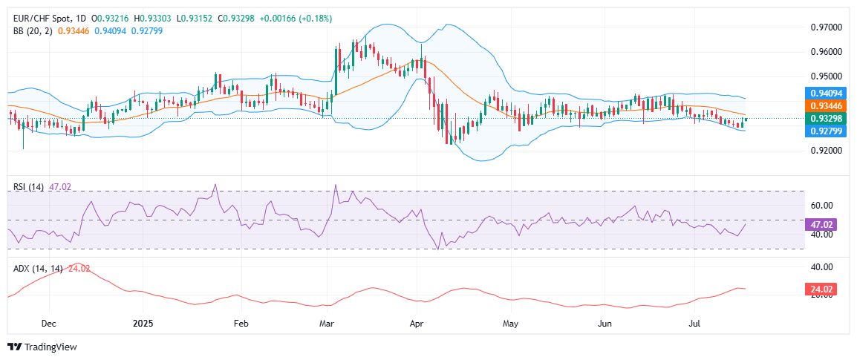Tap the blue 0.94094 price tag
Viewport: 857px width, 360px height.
pos(824,94)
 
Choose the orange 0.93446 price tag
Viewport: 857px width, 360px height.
pos(824,106)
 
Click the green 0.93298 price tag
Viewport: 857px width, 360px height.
pos(824,119)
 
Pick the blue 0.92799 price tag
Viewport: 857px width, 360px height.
pos(824,131)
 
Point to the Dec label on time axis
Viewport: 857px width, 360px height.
pos(48,324)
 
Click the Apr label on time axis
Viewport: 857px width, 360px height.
pos(417,324)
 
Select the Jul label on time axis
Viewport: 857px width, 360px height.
pos(696,324)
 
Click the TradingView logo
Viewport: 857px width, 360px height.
pos(42,347)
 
